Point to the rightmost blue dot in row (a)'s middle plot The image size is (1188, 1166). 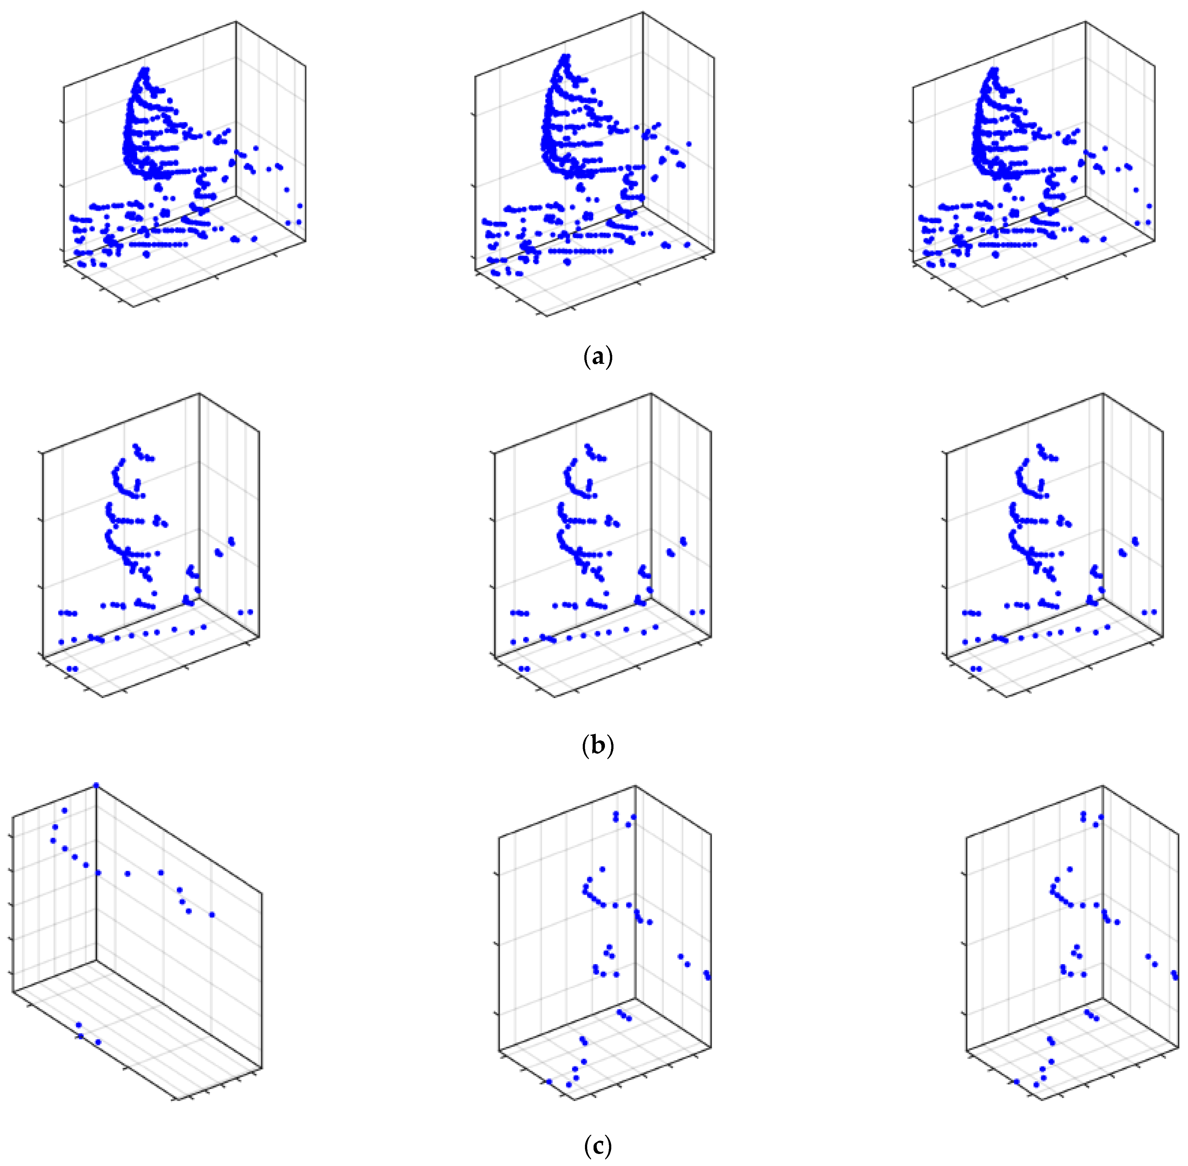click(x=689, y=145)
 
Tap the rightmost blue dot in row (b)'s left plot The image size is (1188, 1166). click(x=250, y=612)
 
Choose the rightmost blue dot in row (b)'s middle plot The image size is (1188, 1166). click(x=702, y=612)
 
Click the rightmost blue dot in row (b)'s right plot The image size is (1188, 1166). click(x=1154, y=612)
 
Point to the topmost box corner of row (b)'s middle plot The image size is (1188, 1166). click(x=651, y=394)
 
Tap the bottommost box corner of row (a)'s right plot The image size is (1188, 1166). click(x=984, y=306)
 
